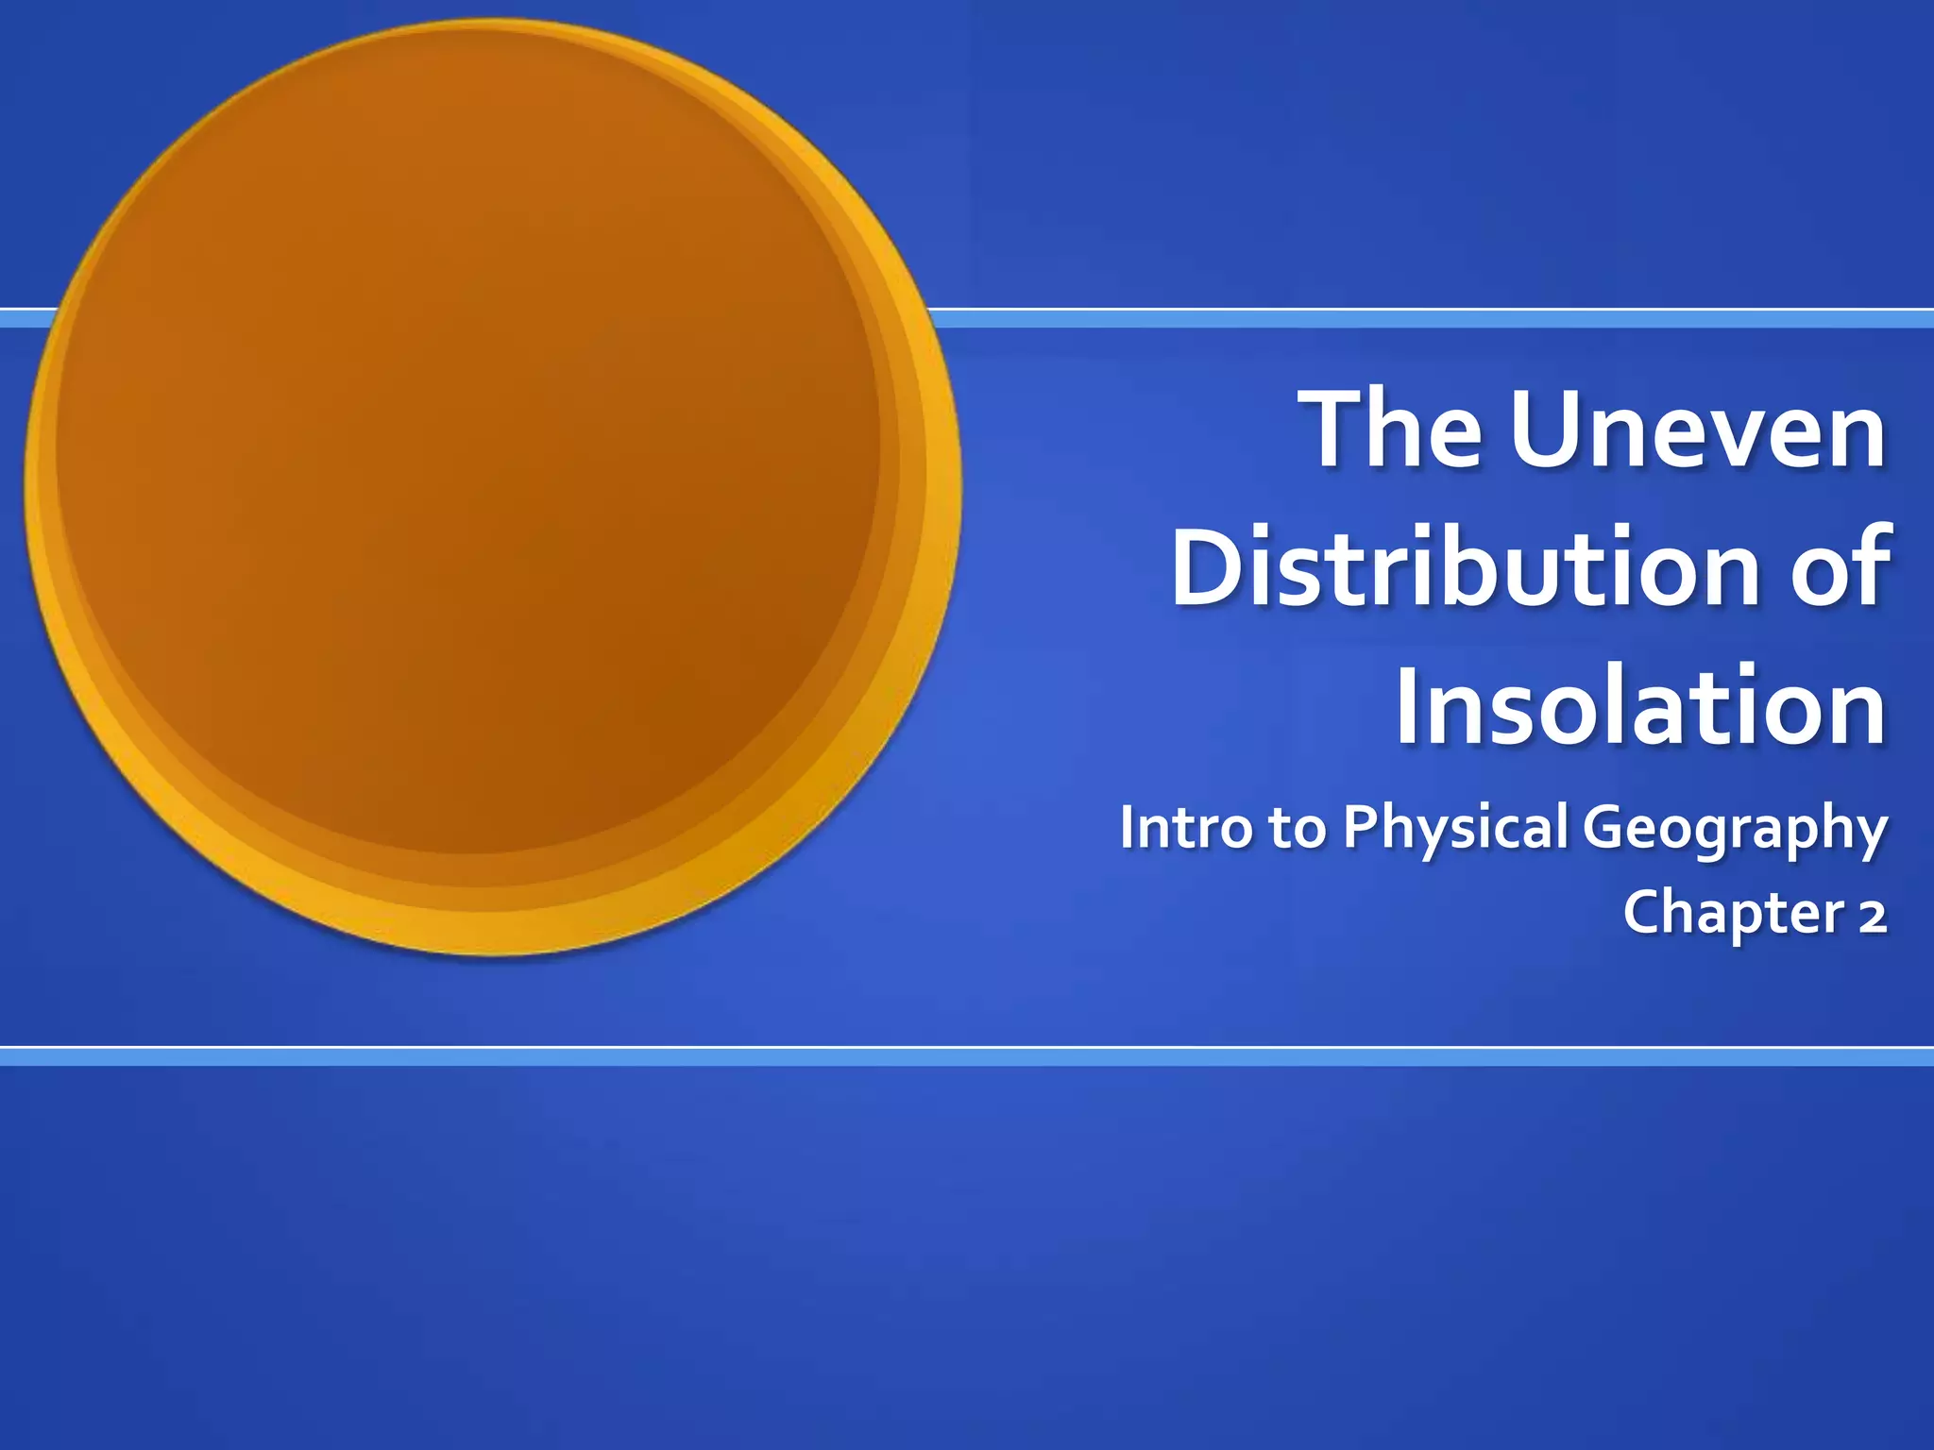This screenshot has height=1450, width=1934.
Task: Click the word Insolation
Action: [1640, 707]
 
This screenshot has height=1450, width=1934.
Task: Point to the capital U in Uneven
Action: [1549, 430]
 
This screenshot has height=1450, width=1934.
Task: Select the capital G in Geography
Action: [1606, 827]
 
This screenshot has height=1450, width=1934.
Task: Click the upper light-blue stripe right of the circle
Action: [1417, 319]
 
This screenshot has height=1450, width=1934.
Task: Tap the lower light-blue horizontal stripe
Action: [967, 1057]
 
